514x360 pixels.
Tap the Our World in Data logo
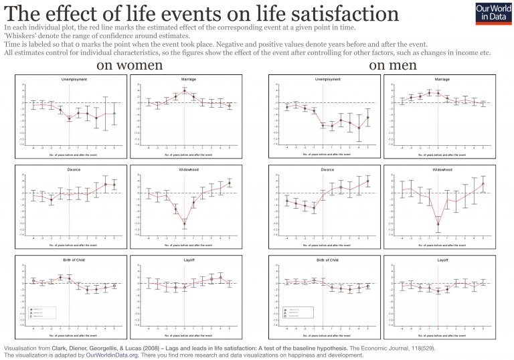point(493,13)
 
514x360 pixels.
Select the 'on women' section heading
point(129,65)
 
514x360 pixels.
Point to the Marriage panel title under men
point(442,79)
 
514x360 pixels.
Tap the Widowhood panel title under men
point(442,170)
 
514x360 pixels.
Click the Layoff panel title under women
point(184,258)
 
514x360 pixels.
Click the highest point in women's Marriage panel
point(184,90)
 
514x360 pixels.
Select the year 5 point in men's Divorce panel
point(367,181)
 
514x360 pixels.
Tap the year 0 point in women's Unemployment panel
point(69,118)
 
